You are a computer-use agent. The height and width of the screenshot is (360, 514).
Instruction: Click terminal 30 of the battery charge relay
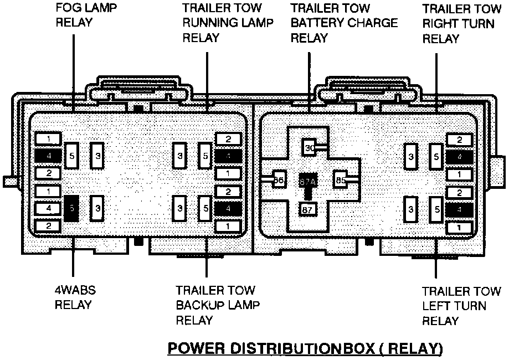point(310,148)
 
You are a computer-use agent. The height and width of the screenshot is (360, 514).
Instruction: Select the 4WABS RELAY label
point(73,297)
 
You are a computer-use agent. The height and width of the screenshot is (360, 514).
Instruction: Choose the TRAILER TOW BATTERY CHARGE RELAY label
point(344,23)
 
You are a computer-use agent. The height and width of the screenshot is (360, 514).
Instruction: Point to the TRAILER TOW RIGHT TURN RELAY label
point(461,24)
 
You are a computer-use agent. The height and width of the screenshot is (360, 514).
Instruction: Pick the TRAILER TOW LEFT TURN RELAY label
point(461,306)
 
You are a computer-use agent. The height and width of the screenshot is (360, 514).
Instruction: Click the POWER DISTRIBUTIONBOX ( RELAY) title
point(305,348)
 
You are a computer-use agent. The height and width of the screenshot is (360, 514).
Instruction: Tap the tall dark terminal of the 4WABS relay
point(71,208)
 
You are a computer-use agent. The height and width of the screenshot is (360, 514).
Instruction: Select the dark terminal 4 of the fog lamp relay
point(50,156)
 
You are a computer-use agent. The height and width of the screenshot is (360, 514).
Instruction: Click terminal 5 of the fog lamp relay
point(72,156)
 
